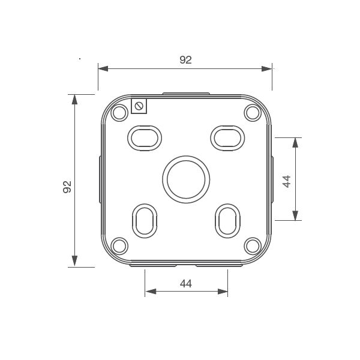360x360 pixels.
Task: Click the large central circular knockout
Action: click(x=186, y=179)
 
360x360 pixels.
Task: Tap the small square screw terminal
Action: click(x=139, y=106)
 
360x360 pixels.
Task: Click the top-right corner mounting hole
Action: click(x=252, y=112)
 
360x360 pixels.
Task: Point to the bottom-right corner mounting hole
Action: click(x=252, y=245)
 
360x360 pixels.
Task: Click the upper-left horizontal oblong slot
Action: click(x=145, y=137)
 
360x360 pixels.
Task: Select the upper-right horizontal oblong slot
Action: click(x=227, y=137)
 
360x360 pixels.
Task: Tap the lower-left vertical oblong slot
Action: click(x=145, y=220)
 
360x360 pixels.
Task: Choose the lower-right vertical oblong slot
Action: click(x=227, y=220)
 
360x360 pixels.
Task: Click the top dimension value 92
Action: click(x=186, y=59)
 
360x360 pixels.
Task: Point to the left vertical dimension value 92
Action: click(x=67, y=187)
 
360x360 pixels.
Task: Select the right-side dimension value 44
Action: click(x=287, y=181)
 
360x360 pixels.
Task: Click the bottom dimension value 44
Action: click(x=186, y=284)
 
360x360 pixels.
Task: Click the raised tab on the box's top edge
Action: click(x=186, y=94)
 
